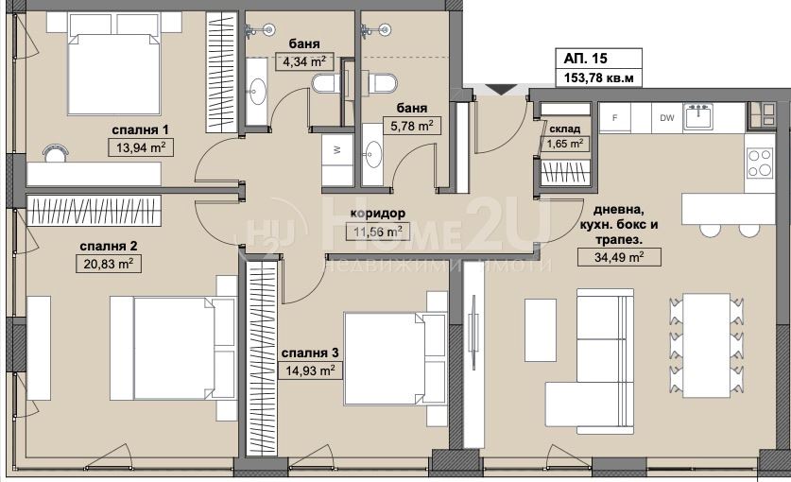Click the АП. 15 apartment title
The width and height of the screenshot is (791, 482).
585,59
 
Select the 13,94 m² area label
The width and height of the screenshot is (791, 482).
141,147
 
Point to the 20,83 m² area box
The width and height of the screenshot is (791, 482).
109,264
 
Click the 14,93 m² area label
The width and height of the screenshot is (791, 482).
310,371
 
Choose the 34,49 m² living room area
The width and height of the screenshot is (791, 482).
619,257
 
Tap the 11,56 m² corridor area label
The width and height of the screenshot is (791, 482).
378,232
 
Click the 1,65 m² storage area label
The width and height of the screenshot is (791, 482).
565,144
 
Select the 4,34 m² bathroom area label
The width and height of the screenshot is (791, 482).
304,62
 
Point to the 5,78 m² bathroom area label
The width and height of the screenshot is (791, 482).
412,126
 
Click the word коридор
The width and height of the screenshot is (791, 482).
378,214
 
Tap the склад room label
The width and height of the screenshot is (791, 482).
565,129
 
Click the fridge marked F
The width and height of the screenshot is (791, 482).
615,117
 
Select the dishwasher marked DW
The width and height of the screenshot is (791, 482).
667,117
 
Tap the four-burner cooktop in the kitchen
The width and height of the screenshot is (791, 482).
760,163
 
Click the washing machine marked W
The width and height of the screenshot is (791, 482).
337,150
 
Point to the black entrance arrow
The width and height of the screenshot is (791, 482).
501,90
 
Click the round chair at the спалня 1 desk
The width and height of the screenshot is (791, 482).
55,153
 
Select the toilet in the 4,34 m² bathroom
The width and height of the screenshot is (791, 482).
325,83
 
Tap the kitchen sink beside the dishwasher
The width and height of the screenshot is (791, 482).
698,117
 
